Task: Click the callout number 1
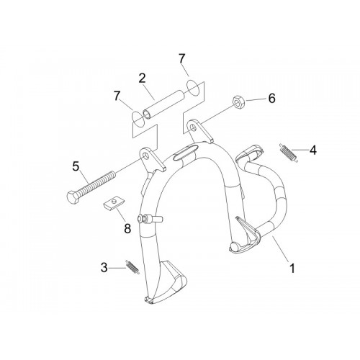point(292,269)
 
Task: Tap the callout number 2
point(143,78)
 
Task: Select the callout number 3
point(104,268)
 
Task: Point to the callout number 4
point(312,150)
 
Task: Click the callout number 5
point(76,166)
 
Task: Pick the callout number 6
point(271,99)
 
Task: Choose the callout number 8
point(127,228)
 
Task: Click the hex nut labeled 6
point(239,102)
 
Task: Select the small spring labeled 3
point(132,266)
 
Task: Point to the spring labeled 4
point(289,153)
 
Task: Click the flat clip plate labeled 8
point(112,204)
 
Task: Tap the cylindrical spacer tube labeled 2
point(164,104)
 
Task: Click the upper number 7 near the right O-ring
point(182,59)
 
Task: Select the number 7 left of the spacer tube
point(117,96)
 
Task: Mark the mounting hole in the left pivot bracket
point(145,156)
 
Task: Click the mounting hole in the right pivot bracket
point(193,127)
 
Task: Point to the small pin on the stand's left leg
point(150,219)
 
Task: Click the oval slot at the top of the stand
point(184,153)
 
